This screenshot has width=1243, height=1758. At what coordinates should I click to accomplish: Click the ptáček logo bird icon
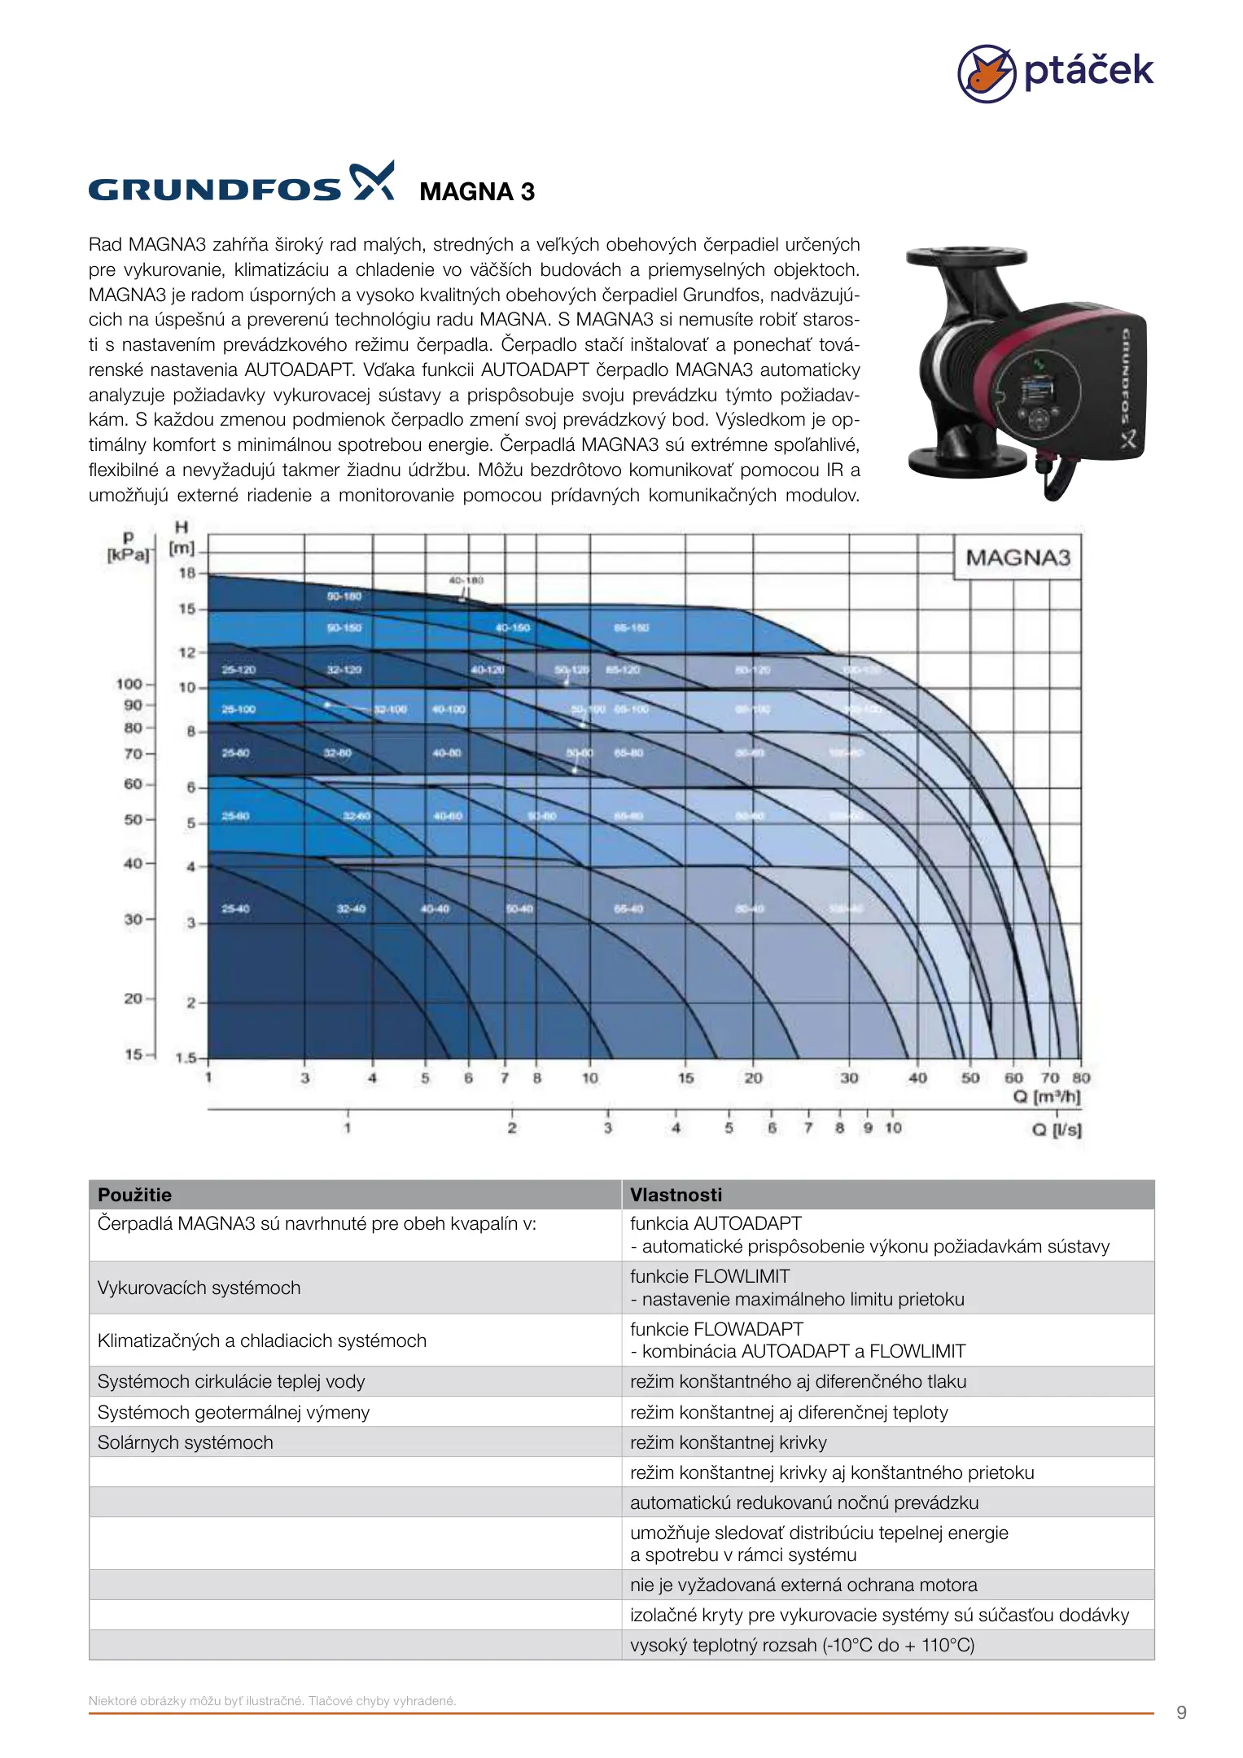click(986, 73)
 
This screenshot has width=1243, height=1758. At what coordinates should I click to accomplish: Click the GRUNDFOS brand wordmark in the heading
click(215, 190)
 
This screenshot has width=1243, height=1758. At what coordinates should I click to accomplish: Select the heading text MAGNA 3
click(477, 192)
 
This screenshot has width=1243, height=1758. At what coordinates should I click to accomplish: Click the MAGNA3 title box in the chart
click(1018, 558)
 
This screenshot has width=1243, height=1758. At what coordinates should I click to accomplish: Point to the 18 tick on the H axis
click(187, 573)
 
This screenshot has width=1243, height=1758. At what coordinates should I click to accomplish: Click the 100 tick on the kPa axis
click(129, 684)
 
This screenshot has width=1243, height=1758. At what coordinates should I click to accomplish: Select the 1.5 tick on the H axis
click(186, 1058)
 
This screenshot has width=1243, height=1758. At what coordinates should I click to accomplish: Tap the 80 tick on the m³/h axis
click(1081, 1078)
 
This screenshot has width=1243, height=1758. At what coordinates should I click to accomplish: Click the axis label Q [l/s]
click(1057, 1130)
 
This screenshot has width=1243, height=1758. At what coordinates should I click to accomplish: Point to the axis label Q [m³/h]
click(1047, 1097)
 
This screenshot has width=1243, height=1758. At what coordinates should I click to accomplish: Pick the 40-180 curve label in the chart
click(466, 580)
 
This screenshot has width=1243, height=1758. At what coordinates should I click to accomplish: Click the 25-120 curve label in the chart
click(239, 670)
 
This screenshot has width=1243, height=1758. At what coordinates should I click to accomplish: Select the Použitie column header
click(135, 1195)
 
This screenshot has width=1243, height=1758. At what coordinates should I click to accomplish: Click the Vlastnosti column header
click(676, 1195)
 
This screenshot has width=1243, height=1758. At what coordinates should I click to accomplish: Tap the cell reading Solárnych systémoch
click(186, 1442)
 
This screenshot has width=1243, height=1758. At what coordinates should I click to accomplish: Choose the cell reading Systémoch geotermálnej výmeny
click(234, 1412)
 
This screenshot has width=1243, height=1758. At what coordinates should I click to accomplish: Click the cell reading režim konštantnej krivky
click(728, 1442)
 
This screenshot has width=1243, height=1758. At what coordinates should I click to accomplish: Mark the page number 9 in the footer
click(1181, 1712)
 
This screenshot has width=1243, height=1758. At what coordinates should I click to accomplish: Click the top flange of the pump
click(966, 258)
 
